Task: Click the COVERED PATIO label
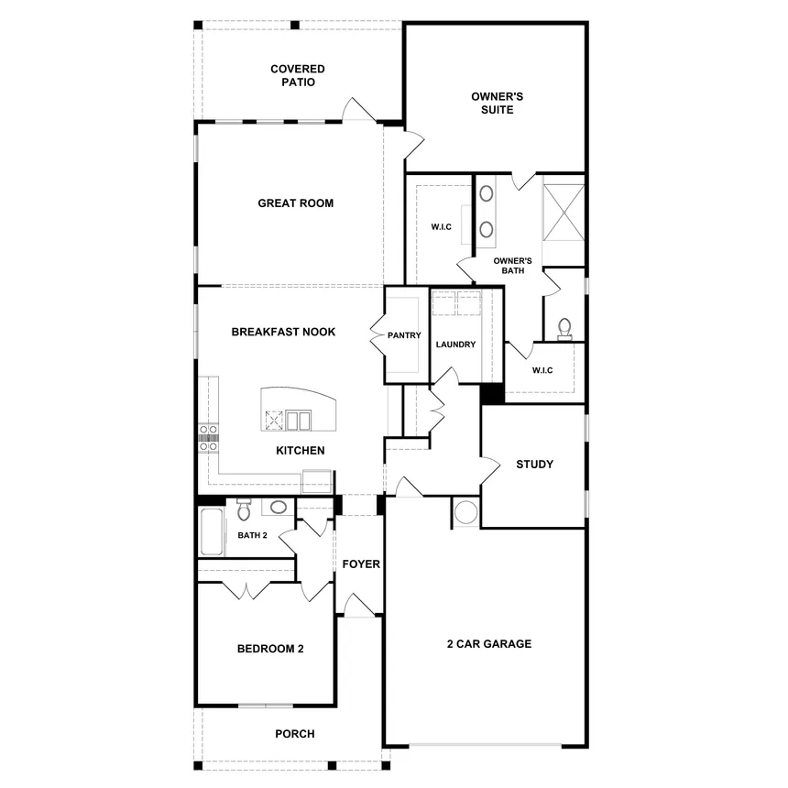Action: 297,75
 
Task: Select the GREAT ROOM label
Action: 295,203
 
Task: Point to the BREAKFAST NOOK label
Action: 283,332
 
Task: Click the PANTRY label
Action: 403,335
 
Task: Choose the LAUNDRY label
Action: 455,345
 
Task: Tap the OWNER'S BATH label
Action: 513,266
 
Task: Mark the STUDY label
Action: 534,465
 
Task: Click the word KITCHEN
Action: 300,451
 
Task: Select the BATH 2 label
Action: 252,535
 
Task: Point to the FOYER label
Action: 361,564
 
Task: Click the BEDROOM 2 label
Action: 270,649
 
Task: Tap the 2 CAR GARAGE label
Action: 488,644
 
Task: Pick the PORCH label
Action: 295,734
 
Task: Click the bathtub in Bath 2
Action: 212,533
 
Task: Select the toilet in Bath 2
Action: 244,509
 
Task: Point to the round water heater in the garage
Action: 465,512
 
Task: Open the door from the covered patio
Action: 357,110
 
